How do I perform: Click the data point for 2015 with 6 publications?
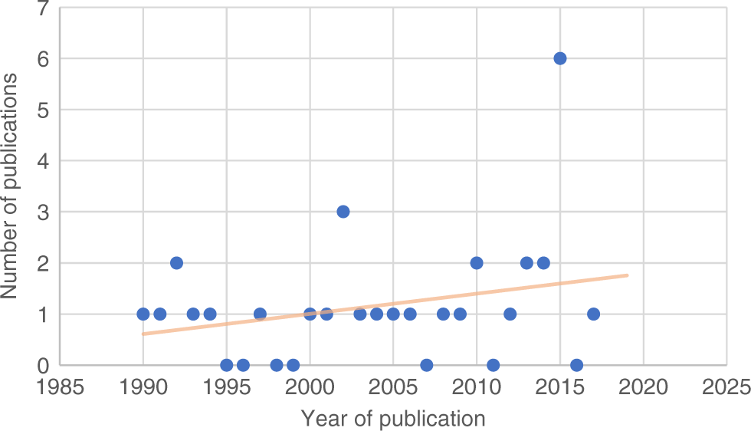[x=560, y=58]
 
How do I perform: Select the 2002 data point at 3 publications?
[x=343, y=212]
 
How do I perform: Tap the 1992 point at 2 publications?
[x=176, y=263]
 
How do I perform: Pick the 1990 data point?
[x=143, y=314]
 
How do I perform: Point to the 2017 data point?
[x=593, y=314]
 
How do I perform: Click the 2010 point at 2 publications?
[x=477, y=263]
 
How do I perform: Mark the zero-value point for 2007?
[x=427, y=365]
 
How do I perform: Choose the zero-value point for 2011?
[x=494, y=365]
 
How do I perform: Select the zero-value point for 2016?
[x=577, y=365]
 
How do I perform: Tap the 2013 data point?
[x=526, y=263]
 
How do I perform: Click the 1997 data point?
[x=260, y=314]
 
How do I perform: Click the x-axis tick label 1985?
[x=60, y=385]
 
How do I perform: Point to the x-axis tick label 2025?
[x=726, y=385]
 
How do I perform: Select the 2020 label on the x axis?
[x=643, y=385]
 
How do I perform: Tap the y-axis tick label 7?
[x=44, y=8]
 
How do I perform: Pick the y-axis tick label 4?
[x=44, y=161]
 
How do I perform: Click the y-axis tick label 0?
[x=44, y=365]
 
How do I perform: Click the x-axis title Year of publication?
[x=392, y=418]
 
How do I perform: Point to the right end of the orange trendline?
[x=627, y=275]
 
